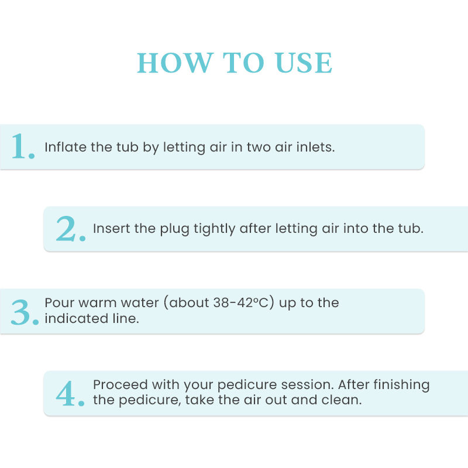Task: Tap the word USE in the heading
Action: pyautogui.click(x=304, y=63)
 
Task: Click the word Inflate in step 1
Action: pyautogui.click(x=66, y=147)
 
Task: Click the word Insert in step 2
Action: pyautogui.click(x=112, y=228)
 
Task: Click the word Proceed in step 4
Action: pyautogui.click(x=121, y=385)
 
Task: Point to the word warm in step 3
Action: pyautogui.click(x=97, y=302)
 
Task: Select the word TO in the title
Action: pyautogui.click(x=243, y=63)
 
